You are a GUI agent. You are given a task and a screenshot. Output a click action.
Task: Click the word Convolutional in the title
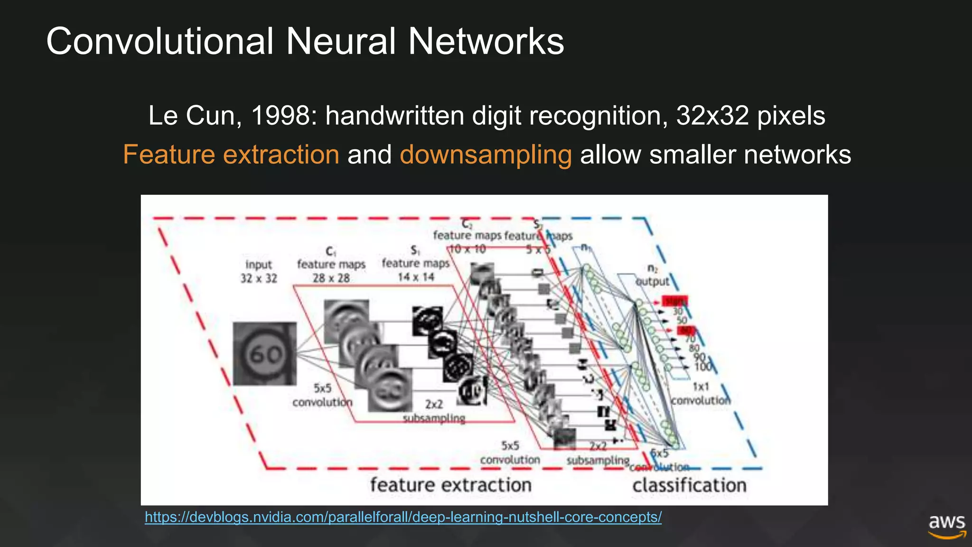pos(160,41)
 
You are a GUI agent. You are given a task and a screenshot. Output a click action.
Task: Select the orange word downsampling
pos(486,155)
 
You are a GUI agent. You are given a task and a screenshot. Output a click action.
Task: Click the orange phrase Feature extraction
pos(231,155)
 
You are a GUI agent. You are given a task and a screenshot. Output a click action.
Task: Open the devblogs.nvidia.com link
pos(403,517)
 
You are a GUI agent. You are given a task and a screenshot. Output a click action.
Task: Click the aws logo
pos(947,526)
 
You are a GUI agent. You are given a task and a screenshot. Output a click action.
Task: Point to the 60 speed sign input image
pos(264,353)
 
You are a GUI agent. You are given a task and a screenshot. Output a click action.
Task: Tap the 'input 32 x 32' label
pos(259,271)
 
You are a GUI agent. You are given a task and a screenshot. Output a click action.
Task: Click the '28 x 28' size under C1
pos(331,278)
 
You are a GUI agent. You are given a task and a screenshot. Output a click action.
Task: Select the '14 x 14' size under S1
pos(416,277)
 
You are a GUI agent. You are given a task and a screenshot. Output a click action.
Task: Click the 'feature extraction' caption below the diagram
pos(450,485)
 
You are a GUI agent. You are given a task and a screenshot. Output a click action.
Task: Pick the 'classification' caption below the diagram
pos(689,485)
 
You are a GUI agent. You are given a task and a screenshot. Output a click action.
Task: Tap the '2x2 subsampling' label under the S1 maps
pos(434,411)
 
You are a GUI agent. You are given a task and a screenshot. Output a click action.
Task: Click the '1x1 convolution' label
pos(701,394)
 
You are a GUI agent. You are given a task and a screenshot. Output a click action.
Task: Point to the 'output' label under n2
pos(652,281)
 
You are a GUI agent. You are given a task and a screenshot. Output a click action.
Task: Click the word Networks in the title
pos(486,41)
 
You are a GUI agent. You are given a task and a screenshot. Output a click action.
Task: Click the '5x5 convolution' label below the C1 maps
pos(322,396)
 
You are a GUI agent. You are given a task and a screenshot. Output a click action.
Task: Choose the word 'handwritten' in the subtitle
pos(394,115)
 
